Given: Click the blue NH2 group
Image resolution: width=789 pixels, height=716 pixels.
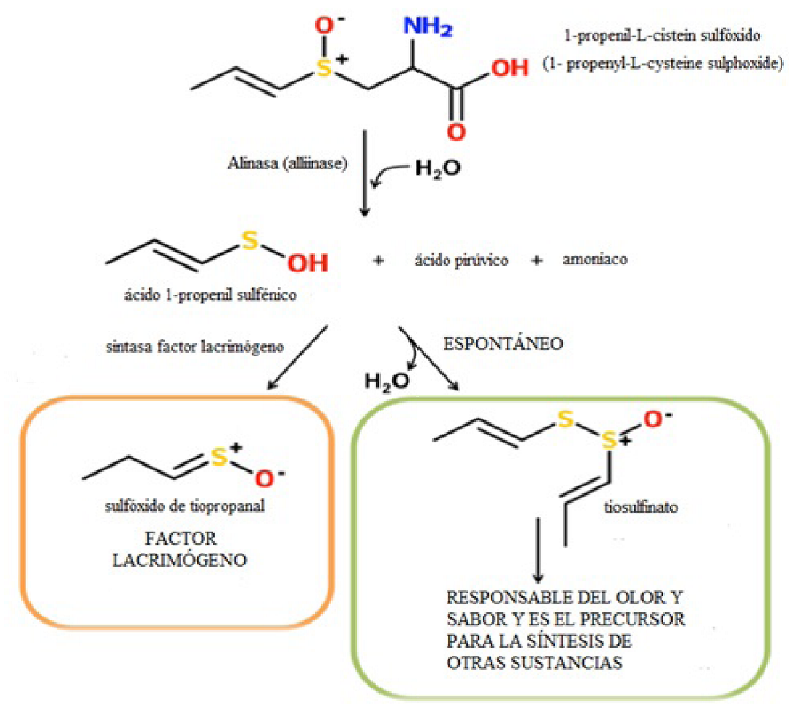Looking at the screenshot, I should [427, 27].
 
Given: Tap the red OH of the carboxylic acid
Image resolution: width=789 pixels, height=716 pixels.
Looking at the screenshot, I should [510, 68].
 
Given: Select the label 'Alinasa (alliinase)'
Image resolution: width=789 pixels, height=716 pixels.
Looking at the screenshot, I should [287, 163].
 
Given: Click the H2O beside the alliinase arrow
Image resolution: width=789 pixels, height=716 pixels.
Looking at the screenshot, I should [437, 168].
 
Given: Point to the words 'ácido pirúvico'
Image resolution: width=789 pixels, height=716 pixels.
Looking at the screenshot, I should [460, 260].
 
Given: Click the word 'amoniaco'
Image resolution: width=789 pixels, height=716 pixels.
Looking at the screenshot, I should [595, 259].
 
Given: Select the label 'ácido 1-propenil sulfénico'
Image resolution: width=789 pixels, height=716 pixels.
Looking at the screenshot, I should [210, 294].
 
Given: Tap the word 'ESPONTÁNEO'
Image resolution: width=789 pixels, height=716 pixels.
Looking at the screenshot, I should [503, 344].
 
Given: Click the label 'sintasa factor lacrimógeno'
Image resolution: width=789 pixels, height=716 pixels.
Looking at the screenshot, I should [195, 347].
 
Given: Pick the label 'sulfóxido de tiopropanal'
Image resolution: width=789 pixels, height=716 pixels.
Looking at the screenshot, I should [185, 505].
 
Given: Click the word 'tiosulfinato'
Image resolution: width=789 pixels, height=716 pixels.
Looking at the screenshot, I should [640, 507].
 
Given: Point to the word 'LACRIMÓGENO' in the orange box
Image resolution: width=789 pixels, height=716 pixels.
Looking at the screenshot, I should [179, 560].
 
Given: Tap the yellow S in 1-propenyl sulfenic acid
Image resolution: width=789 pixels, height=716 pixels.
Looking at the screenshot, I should [250, 240].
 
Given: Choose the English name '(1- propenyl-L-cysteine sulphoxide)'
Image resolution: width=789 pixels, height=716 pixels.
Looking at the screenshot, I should [663, 64].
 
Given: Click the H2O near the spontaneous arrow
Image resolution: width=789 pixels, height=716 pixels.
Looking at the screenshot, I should [386, 382].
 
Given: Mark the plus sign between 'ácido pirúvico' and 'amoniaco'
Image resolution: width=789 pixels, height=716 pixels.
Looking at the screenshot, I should [536, 260].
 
